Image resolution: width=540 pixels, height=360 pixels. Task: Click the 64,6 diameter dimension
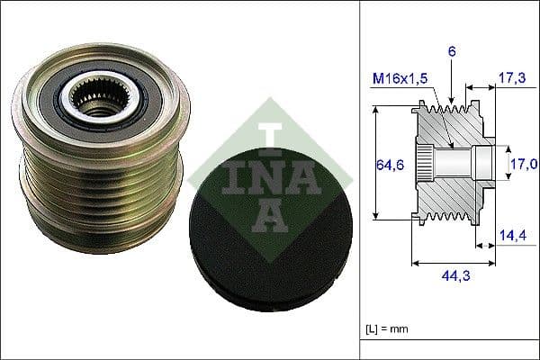(387, 164)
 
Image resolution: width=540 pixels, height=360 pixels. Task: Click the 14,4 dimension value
(512, 235)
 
